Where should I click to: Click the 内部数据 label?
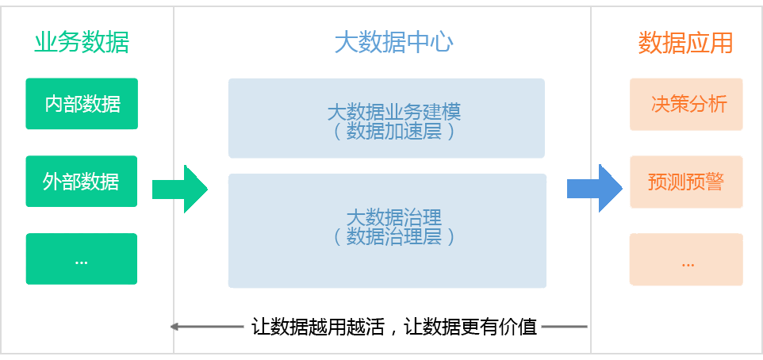point(82,104)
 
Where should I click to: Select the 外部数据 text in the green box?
point(81,182)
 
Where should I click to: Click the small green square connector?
point(179,189)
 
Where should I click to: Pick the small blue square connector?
point(594,189)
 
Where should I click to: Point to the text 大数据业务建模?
point(393,112)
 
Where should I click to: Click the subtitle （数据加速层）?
point(393,132)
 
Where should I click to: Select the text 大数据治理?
point(393,216)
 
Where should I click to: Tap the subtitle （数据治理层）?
point(393,236)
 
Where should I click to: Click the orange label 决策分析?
point(688,104)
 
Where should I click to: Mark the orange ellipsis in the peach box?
point(687,262)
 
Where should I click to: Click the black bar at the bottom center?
point(394,327)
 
